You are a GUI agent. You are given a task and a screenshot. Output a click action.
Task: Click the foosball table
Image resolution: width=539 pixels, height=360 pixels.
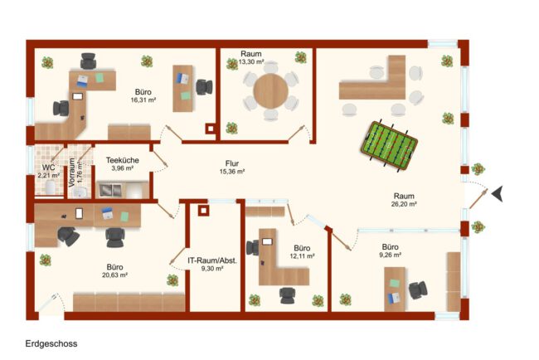coord(389,145)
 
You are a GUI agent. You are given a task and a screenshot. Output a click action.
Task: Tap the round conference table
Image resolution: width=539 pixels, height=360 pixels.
coord(271,90)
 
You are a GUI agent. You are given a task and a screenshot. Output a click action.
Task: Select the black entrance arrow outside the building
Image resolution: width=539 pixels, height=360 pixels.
coord(498,193)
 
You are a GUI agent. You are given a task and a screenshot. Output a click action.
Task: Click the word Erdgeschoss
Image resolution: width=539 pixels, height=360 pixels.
coord(51,343)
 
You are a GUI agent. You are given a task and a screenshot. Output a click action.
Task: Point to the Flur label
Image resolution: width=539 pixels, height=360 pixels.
coord(232,163)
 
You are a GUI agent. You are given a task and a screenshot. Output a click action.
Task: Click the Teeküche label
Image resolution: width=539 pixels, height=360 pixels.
coord(123,160)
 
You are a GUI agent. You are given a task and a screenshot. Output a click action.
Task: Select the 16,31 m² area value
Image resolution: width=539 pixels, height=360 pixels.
coord(143,100)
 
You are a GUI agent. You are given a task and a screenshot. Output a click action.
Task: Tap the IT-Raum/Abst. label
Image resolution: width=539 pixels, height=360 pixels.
coord(212,260)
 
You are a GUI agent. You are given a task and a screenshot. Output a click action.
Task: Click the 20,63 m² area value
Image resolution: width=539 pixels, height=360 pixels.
coord(114,275)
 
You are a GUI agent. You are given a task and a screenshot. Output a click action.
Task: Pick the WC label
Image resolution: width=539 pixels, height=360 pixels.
coord(48,168)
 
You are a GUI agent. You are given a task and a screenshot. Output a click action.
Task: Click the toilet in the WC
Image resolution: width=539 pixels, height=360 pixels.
coord(51,187)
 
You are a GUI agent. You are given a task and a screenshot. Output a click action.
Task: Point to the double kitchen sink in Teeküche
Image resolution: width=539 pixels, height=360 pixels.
coord(110,190)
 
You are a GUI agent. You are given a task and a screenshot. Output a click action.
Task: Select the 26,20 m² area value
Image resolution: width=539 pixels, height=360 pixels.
coord(404,204)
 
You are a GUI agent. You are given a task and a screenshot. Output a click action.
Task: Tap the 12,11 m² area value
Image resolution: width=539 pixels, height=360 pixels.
coord(302,256)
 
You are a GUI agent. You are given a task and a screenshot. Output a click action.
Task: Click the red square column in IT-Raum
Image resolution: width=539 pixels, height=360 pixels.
coord(203,210)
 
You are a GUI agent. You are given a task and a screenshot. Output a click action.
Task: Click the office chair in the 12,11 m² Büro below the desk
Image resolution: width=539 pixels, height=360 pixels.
coord(288,295)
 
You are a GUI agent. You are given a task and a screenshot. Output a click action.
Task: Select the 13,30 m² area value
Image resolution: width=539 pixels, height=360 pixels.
coord(251,62)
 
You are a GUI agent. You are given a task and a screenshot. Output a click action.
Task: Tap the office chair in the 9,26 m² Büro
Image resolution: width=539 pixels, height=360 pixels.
coord(418,289)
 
